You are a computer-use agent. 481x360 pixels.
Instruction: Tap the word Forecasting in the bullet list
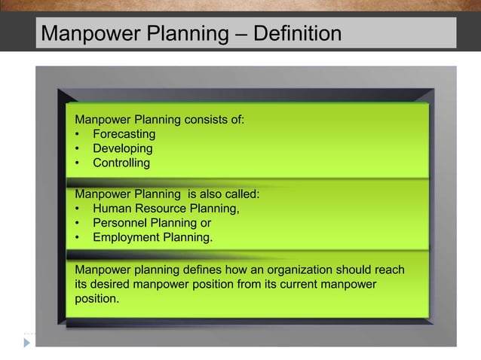124,134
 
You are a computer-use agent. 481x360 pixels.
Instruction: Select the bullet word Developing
122,148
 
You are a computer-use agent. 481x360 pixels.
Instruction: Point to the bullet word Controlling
121,163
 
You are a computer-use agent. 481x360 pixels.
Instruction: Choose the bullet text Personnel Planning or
152,223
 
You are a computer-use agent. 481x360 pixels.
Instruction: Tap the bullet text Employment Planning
153,238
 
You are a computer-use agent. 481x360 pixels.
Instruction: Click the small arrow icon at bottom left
27,342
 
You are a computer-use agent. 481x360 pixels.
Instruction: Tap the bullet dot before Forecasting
78,135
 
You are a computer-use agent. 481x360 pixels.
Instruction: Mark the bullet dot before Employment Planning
78,238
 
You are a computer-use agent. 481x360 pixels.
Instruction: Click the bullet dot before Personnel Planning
78,224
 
